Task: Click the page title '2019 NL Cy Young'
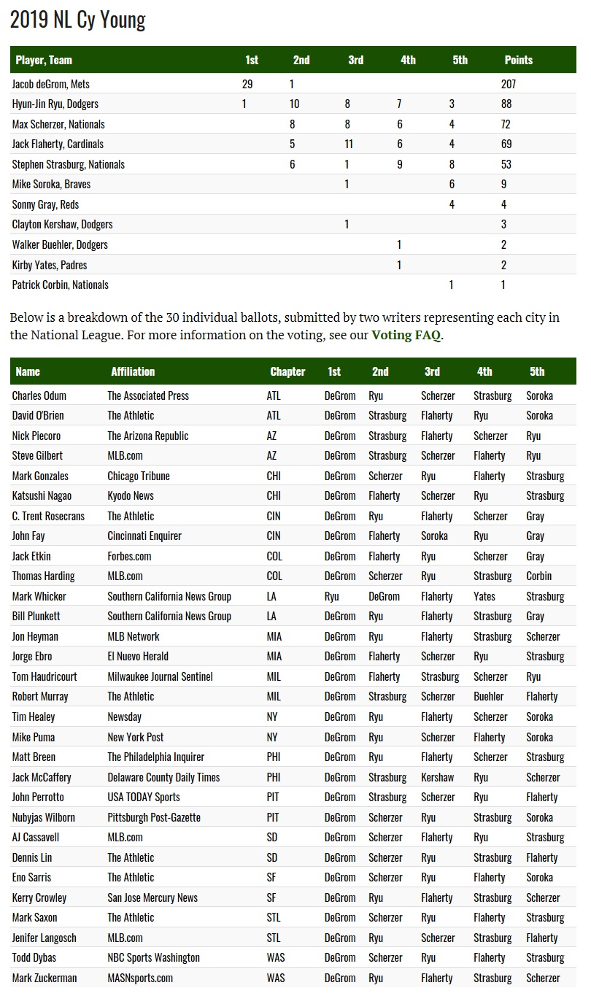pyautogui.click(x=78, y=20)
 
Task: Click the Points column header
pyautogui.click(x=518, y=60)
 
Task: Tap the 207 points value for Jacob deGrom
pyautogui.click(x=509, y=84)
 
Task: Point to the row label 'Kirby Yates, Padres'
pyautogui.click(x=50, y=265)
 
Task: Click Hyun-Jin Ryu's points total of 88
pyautogui.click(x=506, y=104)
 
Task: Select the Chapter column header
pyautogui.click(x=287, y=371)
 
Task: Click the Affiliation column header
pyautogui.click(x=133, y=371)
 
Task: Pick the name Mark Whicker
pyautogui.click(x=39, y=596)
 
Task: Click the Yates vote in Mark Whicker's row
pyautogui.click(x=484, y=596)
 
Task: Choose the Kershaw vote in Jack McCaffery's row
pyautogui.click(x=437, y=777)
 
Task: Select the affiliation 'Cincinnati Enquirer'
pyautogui.click(x=144, y=536)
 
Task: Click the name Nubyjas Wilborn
pyautogui.click(x=44, y=817)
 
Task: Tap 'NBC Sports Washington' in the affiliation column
pyautogui.click(x=153, y=957)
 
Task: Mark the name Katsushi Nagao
pyautogui.click(x=42, y=495)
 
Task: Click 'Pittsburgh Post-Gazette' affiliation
pyautogui.click(x=154, y=817)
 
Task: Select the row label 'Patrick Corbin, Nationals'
pyautogui.click(x=61, y=285)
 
